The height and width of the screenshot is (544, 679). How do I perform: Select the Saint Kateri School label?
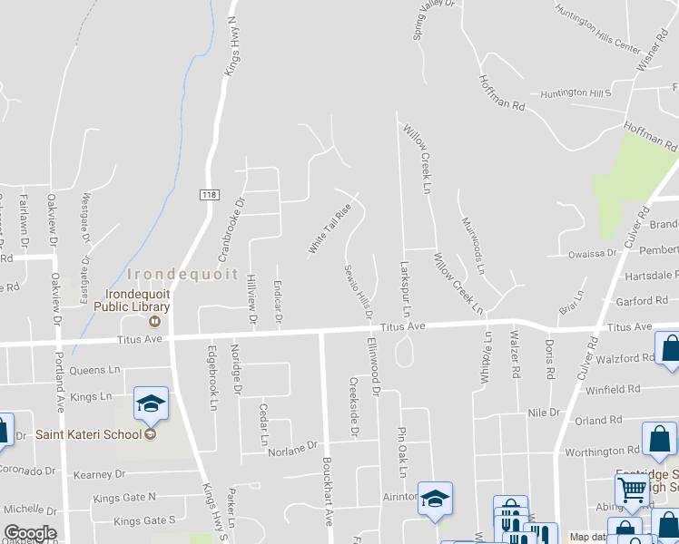click(x=89, y=433)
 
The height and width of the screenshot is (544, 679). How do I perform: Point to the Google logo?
click(x=30, y=532)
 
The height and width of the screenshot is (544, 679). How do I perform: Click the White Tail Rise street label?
click(x=329, y=228)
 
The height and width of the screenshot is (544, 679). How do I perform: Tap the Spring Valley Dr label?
click(x=431, y=18)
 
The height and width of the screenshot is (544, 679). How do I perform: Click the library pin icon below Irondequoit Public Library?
click(x=155, y=320)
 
